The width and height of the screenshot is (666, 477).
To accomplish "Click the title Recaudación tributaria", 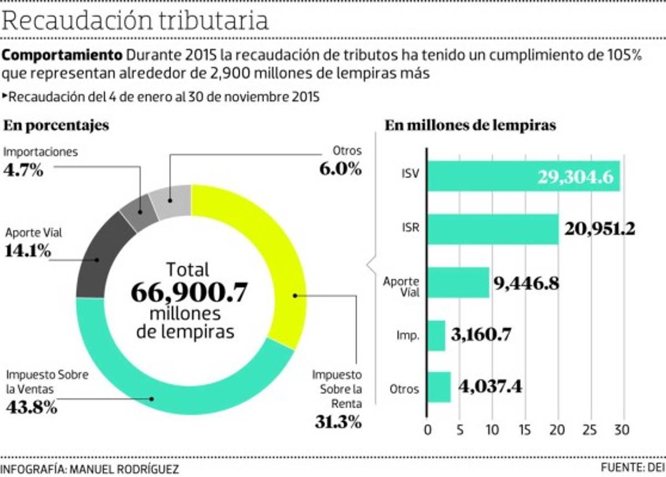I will click(x=136, y=21).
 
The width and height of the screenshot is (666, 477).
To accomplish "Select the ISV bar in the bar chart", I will click(x=523, y=176).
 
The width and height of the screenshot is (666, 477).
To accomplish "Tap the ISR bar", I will click(x=493, y=229).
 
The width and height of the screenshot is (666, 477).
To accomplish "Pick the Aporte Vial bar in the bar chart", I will click(x=458, y=282).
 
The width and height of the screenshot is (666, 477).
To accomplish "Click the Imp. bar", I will click(x=436, y=335).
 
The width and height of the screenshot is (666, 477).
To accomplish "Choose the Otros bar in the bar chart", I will click(x=439, y=387).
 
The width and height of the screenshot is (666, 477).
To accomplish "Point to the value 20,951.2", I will click(x=599, y=229).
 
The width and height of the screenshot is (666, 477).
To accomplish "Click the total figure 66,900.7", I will click(x=189, y=292).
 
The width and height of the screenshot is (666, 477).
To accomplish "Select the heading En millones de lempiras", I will click(x=470, y=125).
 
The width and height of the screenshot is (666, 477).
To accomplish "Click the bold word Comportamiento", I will click(x=63, y=56).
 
